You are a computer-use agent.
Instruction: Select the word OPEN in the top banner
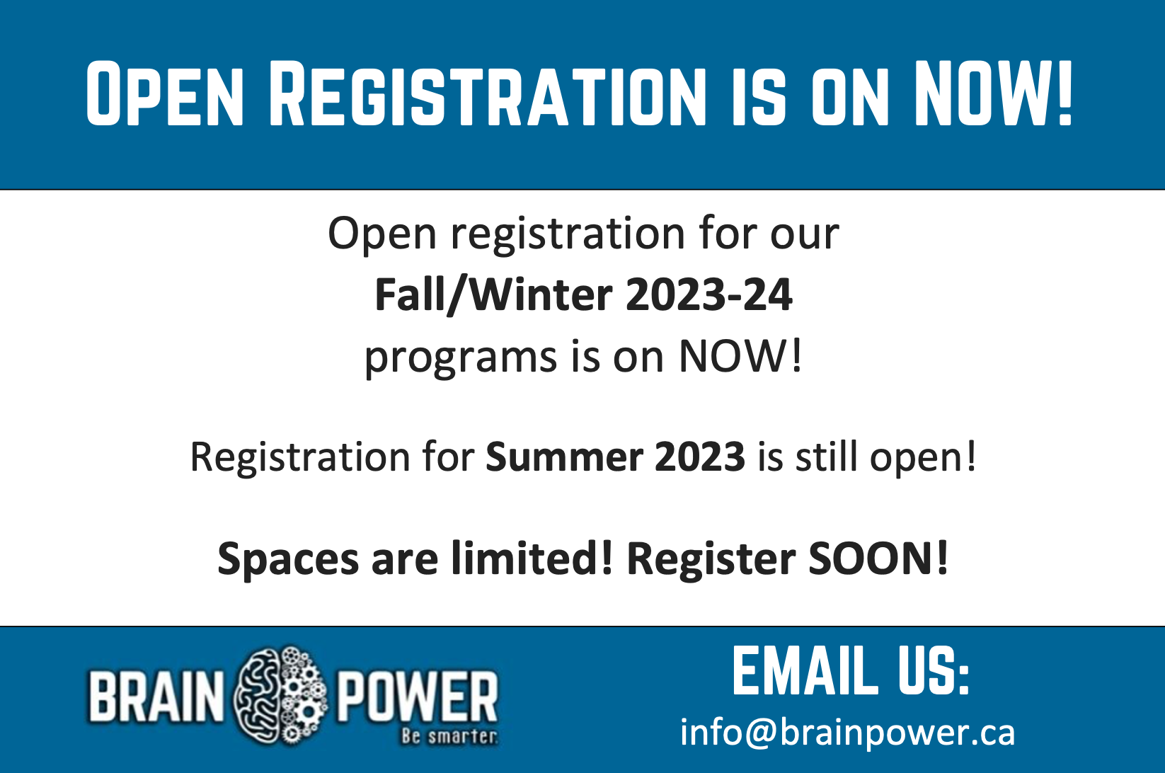point(164,93)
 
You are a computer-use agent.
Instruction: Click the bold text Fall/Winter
point(493,295)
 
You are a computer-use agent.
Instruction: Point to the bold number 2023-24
point(709,294)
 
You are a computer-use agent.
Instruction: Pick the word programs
point(460,359)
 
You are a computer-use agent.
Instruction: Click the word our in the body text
point(805,235)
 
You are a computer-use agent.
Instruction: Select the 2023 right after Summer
point(700,457)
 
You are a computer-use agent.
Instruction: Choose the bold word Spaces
point(288,560)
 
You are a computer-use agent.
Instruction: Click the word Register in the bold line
point(711,560)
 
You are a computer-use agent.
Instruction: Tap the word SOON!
point(878,559)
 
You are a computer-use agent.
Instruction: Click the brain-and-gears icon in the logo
point(281,696)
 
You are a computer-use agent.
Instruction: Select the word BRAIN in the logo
point(156,697)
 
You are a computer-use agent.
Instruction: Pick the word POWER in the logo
point(418,697)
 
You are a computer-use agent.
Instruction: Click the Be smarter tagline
point(449,736)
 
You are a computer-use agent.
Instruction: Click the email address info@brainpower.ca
point(848,733)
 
